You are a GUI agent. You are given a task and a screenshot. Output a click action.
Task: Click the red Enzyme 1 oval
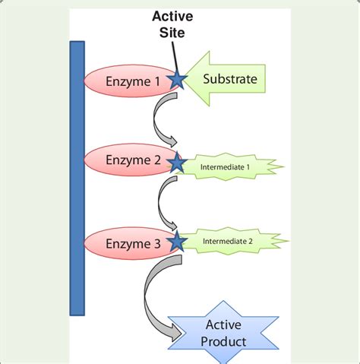pyautogui.click(x=125, y=80)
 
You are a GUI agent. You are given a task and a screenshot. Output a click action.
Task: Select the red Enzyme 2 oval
pyautogui.click(x=125, y=160)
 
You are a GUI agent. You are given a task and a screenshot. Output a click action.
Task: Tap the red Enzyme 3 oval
pyautogui.click(x=125, y=243)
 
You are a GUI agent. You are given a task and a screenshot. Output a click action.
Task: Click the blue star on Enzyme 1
pyautogui.click(x=178, y=79)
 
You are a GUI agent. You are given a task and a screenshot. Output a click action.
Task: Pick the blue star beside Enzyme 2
pyautogui.click(x=178, y=162)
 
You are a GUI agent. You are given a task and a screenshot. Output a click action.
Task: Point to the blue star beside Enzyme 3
pyautogui.click(x=178, y=242)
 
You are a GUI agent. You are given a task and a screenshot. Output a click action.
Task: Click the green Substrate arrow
pyautogui.click(x=228, y=78)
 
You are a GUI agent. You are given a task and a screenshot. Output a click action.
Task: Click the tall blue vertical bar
pyautogui.click(x=77, y=178)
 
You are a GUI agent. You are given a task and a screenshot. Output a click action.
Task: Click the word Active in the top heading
pyautogui.click(x=172, y=17)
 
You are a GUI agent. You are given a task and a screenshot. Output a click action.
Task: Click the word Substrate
pyautogui.click(x=230, y=78)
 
